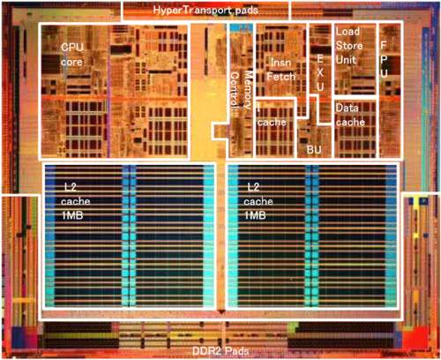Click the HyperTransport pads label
pos(206,11)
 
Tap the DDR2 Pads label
pos(220,351)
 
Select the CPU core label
pos(72,55)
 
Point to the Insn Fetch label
pos(281,70)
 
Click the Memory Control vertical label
pos(241,90)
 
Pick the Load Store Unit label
pos(349,46)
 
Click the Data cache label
pos(350,115)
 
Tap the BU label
pos(314,150)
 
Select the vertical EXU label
pos(320,72)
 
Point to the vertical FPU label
pos(384,59)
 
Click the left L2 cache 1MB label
pos(76,201)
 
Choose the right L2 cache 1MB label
pos(258,201)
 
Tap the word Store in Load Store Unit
pos(349,46)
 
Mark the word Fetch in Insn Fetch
pos(281,77)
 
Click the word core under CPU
pos(71,63)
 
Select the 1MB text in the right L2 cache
pos(255,215)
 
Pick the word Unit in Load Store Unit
pos(346,60)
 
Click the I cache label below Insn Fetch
pos(272,117)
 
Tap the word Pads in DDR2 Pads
pos(237,351)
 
